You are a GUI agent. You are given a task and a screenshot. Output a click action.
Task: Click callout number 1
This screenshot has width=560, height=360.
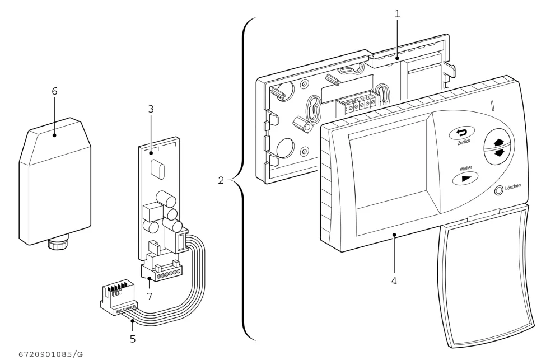pos(397,15)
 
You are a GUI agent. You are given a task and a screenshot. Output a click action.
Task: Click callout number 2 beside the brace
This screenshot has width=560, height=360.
pos(221,180)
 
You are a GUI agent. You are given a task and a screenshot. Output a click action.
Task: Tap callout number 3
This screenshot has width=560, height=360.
pos(151,109)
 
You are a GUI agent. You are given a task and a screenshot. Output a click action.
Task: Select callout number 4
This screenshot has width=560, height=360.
pos(394,281)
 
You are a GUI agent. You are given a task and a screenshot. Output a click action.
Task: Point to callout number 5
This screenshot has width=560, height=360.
pos(133,339)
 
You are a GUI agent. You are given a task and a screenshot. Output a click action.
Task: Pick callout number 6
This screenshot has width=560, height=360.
pos(54,91)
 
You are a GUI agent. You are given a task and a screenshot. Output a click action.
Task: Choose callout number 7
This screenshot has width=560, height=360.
pos(150,296)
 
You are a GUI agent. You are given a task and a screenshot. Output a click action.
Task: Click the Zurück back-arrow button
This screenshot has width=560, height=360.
pos(462,133)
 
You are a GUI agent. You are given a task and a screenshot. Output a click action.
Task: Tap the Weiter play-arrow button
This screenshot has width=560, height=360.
pos(465,178)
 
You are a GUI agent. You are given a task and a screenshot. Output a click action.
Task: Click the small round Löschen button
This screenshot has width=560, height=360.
pos(498,191)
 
